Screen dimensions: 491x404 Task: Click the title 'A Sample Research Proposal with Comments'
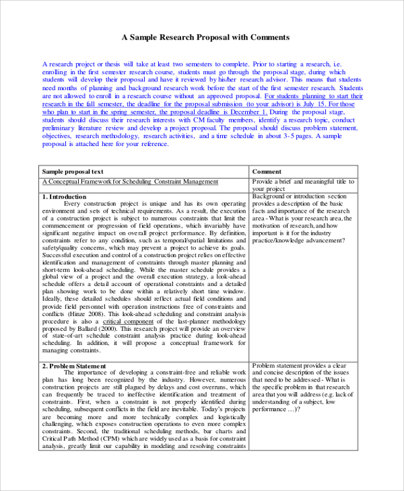[205, 37]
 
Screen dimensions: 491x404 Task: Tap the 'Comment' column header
[267, 172]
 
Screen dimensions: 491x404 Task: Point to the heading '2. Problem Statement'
[74, 366]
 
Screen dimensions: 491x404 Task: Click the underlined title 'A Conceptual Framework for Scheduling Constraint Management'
[130, 182]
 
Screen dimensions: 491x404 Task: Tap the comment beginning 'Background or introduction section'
[300, 196]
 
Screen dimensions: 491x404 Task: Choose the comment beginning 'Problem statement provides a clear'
[300, 367]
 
